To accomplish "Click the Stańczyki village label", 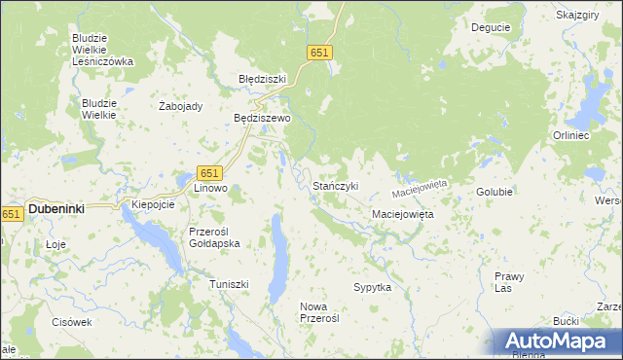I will click(x=336, y=185).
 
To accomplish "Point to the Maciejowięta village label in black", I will click(x=403, y=213).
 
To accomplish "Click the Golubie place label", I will click(x=495, y=192).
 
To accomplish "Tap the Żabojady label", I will click(x=180, y=107).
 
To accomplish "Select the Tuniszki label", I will click(x=230, y=284).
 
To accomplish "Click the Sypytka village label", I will click(x=372, y=288).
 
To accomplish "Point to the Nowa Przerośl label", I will click(x=319, y=312).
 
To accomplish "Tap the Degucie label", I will click(x=491, y=27).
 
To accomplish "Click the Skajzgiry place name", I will click(x=576, y=16).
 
